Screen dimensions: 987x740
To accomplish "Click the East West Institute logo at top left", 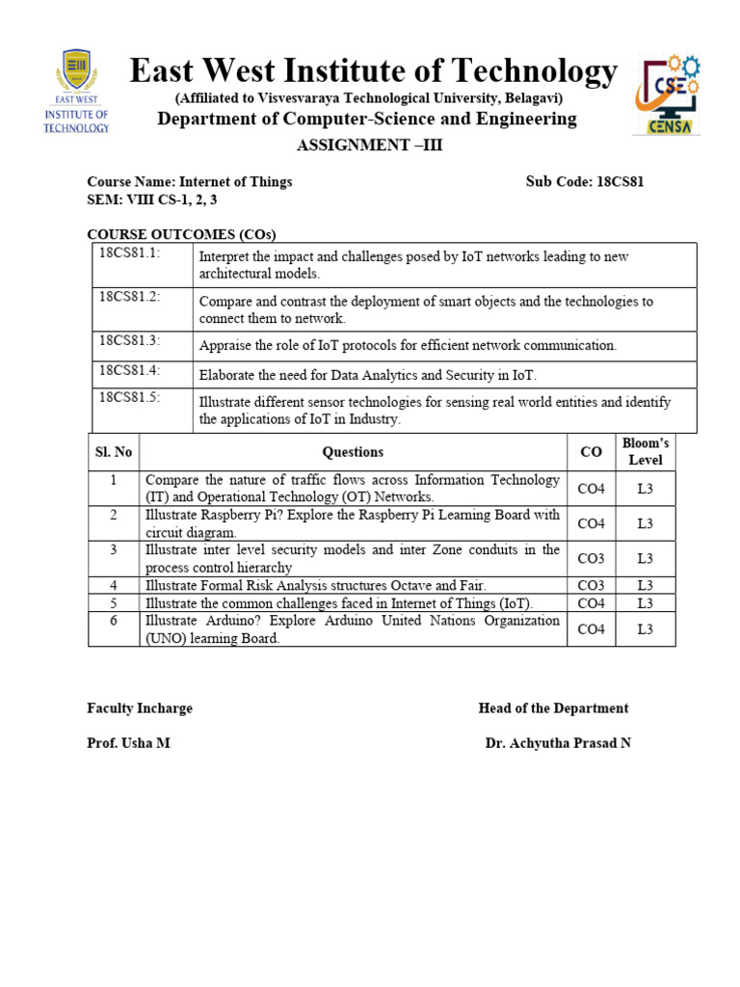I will click(76, 93).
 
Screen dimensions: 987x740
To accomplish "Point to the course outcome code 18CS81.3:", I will click(129, 340).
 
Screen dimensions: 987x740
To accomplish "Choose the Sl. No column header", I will click(114, 451).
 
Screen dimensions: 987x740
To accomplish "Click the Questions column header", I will click(353, 451).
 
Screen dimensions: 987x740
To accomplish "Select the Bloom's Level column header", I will click(645, 451).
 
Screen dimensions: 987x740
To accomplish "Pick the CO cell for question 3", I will click(591, 558).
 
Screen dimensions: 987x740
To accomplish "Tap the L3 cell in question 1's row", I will click(645, 489).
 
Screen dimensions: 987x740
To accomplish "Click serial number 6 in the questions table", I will click(114, 621).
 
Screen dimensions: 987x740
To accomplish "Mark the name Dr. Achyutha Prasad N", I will click(558, 743).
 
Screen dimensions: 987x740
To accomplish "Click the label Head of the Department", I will click(553, 708).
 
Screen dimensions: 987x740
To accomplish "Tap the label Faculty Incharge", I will click(140, 708).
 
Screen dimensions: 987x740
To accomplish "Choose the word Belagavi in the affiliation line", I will click(529, 98).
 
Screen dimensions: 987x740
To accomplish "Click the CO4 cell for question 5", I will click(591, 603).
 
